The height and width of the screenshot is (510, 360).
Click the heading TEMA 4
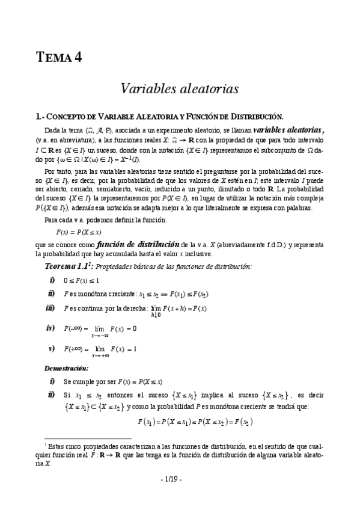pyautogui.click(x=58, y=58)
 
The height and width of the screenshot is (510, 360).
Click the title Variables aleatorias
pyautogui.click(x=180, y=88)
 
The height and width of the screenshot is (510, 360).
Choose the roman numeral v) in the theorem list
pyautogui.click(x=52, y=348)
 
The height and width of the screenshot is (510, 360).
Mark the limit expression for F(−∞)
pyautogui.click(x=100, y=330)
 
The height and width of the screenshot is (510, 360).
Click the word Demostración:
pyautogui.click(x=67, y=367)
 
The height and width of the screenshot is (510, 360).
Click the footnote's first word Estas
pyautogui.click(x=58, y=446)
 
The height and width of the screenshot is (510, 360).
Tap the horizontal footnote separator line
pyautogui.click(x=88, y=439)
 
